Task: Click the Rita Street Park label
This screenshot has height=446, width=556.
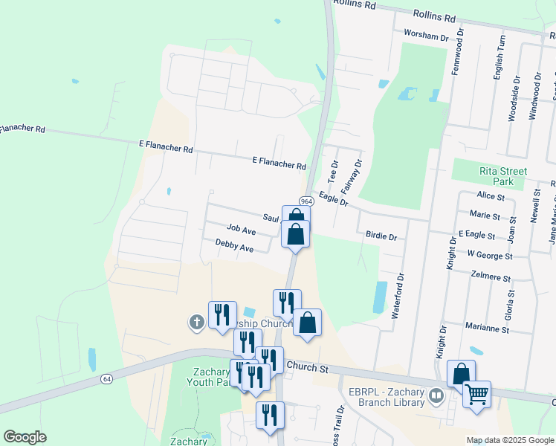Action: tap(503, 176)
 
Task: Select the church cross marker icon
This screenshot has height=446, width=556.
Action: tap(196, 322)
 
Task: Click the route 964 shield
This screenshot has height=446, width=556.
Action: tap(306, 201)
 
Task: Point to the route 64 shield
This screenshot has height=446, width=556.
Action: tap(107, 379)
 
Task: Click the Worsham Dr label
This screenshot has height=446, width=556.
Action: tap(426, 35)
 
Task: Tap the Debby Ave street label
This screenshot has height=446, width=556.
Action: tap(235, 245)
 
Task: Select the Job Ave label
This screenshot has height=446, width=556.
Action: tap(242, 231)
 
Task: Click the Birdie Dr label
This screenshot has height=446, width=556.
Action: tap(381, 236)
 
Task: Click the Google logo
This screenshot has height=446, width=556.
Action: tap(25, 437)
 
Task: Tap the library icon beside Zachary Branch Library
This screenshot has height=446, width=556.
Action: tap(438, 397)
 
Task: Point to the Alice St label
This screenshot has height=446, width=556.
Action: tap(491, 196)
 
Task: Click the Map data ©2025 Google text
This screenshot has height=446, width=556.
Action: tap(509, 440)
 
